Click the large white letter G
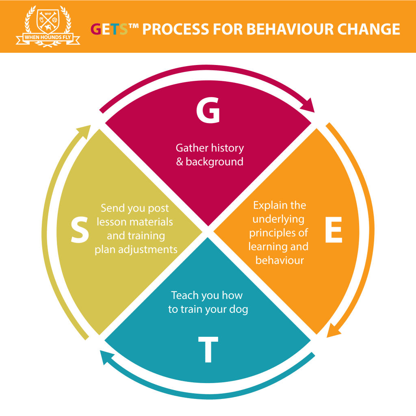[208, 110]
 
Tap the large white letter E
[334, 230]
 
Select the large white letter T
[208, 349]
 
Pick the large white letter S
[80, 230]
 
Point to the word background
[214, 162]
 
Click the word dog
[238, 310]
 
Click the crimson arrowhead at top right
[308, 106]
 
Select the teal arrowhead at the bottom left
[106, 357]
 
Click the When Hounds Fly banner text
[48, 37]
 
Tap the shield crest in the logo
[48, 22]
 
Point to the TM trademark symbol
[134, 26]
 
